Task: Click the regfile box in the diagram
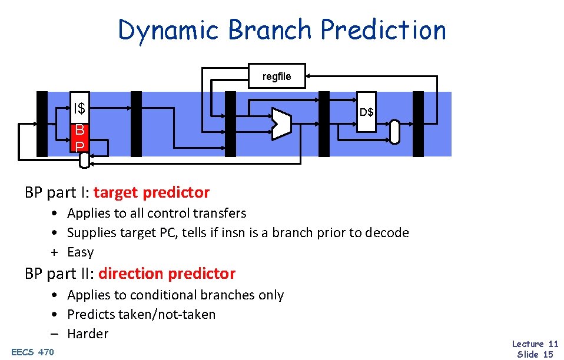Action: pyautogui.click(x=276, y=76)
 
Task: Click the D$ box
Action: pyautogui.click(x=366, y=112)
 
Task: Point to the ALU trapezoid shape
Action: pyautogui.click(x=281, y=124)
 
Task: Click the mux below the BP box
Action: pyautogui.click(x=85, y=159)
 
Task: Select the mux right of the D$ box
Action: pyautogui.click(x=394, y=132)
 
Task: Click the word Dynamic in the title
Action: pyautogui.click(x=170, y=30)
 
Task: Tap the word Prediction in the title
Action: pyautogui.click(x=384, y=30)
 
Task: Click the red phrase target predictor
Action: pyautogui.click(x=151, y=192)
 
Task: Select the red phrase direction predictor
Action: pyautogui.click(x=167, y=274)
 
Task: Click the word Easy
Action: pyautogui.click(x=81, y=252)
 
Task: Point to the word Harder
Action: pyautogui.click(x=88, y=334)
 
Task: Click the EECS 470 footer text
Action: pyautogui.click(x=32, y=352)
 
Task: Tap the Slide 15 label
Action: pyautogui.click(x=535, y=354)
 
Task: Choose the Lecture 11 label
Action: pyautogui.click(x=535, y=344)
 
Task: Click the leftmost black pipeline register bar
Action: pyautogui.click(x=42, y=124)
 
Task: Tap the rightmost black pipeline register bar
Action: pyautogui.click(x=418, y=124)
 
